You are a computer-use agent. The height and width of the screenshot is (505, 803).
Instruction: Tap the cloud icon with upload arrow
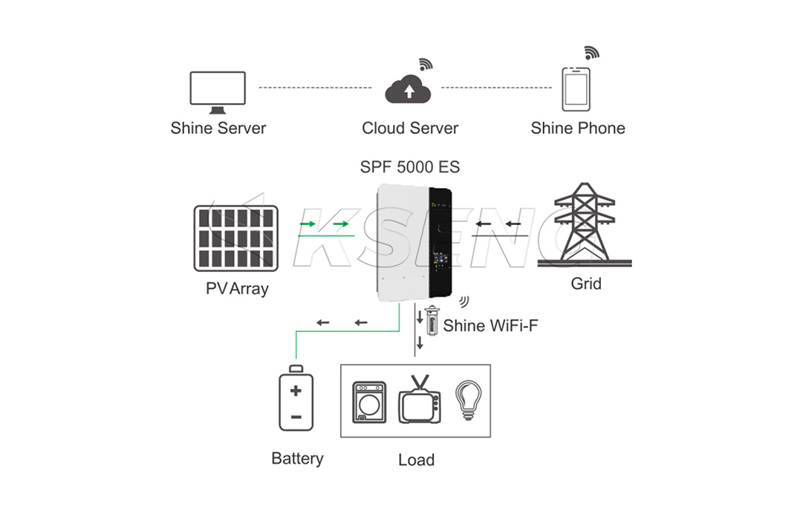408,90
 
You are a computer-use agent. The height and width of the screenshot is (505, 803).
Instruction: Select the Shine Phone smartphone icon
576,89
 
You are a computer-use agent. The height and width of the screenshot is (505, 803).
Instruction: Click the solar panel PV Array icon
236,238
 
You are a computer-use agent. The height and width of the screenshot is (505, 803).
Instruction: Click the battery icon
296,399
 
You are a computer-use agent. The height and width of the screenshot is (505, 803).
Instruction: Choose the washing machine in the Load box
369,403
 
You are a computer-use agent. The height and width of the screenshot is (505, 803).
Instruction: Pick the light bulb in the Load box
467,401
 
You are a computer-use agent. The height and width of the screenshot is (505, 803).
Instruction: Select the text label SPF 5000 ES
410,167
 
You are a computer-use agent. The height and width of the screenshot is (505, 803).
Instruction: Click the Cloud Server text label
410,128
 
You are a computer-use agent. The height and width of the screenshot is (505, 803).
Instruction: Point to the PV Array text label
237,289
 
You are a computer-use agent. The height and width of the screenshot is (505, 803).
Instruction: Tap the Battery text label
297,458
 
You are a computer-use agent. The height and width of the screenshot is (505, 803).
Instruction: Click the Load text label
416,460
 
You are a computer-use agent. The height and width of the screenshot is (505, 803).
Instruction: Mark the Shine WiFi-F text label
490,325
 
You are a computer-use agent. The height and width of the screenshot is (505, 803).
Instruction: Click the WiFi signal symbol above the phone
591,53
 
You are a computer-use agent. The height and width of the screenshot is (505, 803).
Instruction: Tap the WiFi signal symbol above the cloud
426,64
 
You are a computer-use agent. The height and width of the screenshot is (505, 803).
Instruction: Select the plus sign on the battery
296,391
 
